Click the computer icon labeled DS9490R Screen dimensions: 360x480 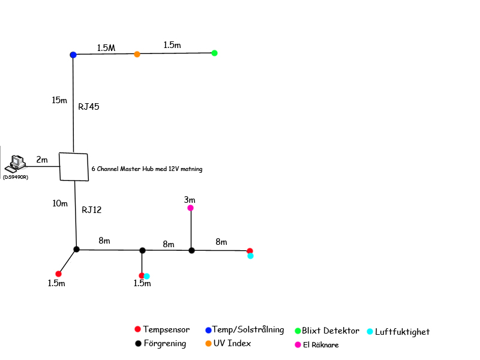click(17, 163)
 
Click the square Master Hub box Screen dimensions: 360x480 click(74, 166)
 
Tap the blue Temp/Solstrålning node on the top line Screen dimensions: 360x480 click(73, 55)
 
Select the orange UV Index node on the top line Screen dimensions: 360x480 click(137, 54)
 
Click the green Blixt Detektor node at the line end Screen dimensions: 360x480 click(214, 53)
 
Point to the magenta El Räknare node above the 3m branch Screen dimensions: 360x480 click(190, 208)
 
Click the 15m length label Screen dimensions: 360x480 click(59, 100)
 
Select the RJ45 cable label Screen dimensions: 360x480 click(89, 107)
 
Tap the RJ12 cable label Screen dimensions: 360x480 click(92, 209)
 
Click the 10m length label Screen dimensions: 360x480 click(60, 203)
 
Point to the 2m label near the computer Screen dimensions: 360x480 click(41, 160)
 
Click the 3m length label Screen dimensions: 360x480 click(190, 199)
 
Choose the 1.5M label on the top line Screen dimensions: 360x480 click(106, 47)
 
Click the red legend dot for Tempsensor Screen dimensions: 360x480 click(137, 329)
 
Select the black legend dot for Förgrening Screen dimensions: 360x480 click(137, 344)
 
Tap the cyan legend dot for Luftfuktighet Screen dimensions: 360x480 click(370, 331)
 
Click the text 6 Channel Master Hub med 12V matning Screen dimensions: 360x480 click(147, 169)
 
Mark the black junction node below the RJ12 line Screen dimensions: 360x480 click(76, 249)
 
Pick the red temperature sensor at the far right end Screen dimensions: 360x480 click(250, 251)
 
